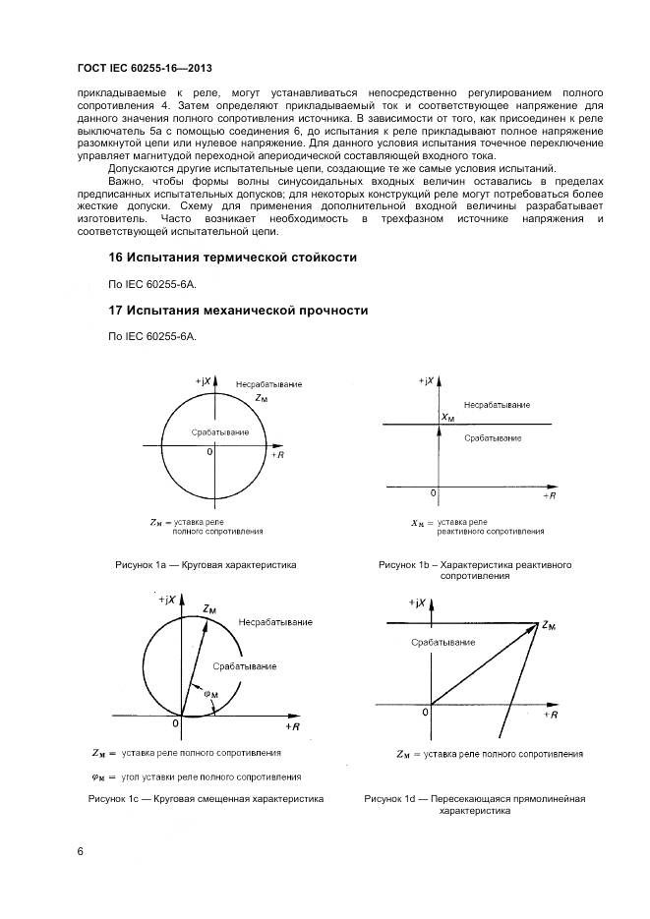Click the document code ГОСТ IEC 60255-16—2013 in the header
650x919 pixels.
(145, 68)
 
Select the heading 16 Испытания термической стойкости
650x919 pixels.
(231, 257)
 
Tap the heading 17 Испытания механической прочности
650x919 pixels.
(237, 311)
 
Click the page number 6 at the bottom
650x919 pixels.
(81, 851)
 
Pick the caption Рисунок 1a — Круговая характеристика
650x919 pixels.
(206, 565)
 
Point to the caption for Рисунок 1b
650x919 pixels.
(475, 570)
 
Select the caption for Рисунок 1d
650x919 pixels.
(474, 805)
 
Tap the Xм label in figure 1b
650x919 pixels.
(447, 417)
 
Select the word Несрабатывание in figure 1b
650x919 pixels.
(497, 405)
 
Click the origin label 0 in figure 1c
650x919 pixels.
(176, 724)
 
